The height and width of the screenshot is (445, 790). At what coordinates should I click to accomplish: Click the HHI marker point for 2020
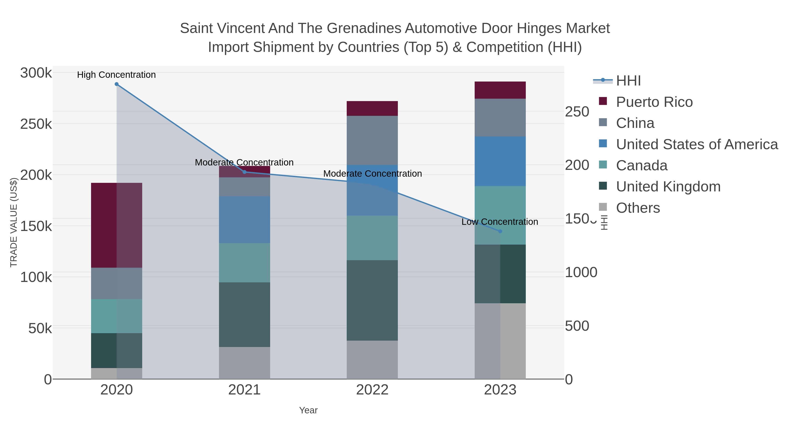click(117, 84)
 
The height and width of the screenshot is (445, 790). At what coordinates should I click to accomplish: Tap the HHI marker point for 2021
click(244, 172)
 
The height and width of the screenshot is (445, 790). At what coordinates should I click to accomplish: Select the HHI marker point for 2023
click(500, 231)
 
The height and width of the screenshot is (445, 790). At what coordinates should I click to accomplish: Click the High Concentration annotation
click(116, 75)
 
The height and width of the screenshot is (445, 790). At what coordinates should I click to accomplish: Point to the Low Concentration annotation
click(500, 222)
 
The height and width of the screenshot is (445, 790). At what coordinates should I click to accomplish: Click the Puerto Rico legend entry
click(654, 102)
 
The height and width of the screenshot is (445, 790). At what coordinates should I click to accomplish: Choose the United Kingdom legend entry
click(668, 187)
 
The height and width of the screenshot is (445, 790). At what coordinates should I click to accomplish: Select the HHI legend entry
click(628, 81)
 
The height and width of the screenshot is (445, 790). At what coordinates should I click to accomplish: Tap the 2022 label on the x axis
click(372, 390)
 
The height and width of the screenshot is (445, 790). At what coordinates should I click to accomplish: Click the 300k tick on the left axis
click(36, 73)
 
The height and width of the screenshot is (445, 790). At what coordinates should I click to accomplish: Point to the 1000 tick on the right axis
click(581, 272)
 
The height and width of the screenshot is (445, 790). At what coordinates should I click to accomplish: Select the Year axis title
click(308, 410)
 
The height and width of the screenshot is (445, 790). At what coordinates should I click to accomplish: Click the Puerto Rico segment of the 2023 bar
click(500, 90)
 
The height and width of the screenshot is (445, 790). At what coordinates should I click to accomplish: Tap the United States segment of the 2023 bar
click(500, 161)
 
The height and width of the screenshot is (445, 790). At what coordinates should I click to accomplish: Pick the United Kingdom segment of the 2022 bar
click(372, 300)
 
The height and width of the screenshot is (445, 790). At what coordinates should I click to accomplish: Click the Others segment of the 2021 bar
click(244, 363)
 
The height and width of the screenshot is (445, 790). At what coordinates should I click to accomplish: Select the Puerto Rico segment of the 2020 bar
click(117, 225)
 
